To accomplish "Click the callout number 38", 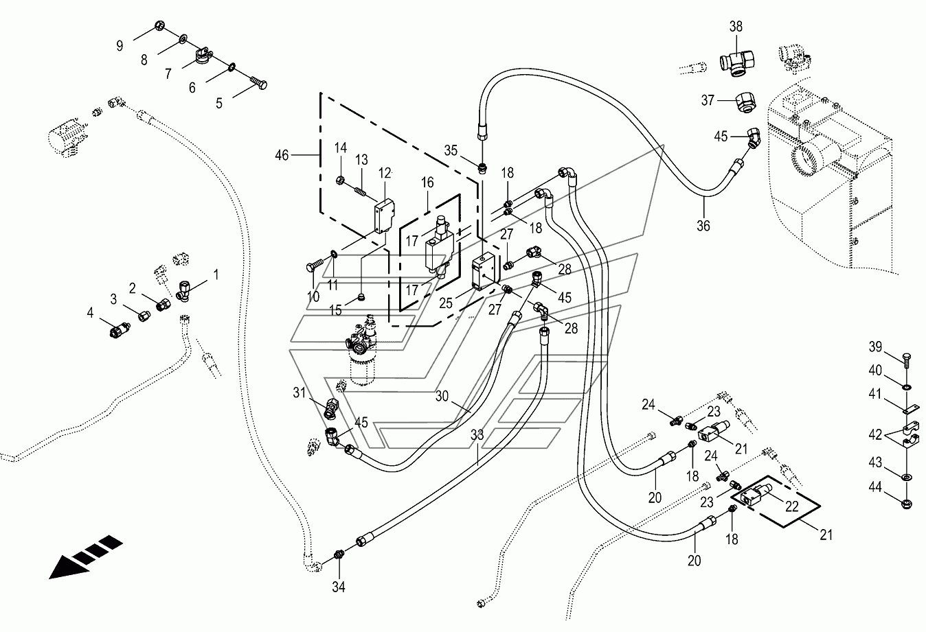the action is pyautogui.click(x=736, y=27).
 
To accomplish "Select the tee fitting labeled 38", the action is pyautogui.click(x=736, y=62).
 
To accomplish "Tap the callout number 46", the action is pyautogui.click(x=282, y=155).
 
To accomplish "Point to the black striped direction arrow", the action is pyautogui.click(x=86, y=557).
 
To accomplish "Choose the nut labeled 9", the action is pyautogui.click(x=159, y=26).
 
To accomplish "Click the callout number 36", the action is pyautogui.click(x=703, y=226).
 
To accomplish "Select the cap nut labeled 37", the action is pyautogui.click(x=746, y=102).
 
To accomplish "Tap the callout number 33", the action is pyautogui.click(x=477, y=435).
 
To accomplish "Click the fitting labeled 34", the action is pyautogui.click(x=339, y=554).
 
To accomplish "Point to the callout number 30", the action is pyautogui.click(x=442, y=396).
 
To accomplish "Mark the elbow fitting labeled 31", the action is pyautogui.click(x=332, y=408).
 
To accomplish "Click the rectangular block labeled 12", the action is pyautogui.click(x=384, y=216).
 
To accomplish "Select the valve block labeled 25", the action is pyautogui.click(x=483, y=271).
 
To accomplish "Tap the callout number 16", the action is pyautogui.click(x=427, y=182).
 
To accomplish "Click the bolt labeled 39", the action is pyautogui.click(x=906, y=360).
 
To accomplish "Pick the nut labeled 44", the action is pyautogui.click(x=907, y=505).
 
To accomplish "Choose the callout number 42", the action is pyautogui.click(x=875, y=434).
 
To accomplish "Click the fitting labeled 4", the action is pyautogui.click(x=120, y=329).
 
